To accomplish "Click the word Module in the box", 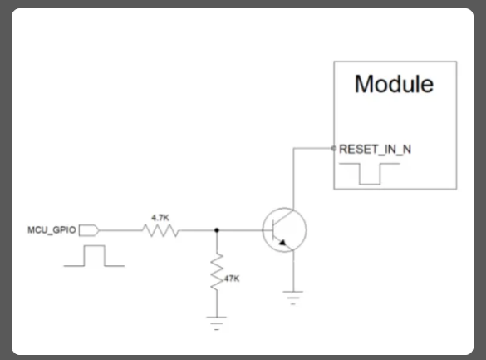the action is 394,84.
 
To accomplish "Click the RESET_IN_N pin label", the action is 375,150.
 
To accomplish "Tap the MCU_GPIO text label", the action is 52,230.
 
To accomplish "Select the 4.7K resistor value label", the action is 160,218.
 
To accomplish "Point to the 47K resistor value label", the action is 232,279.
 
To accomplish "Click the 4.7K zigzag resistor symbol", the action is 160,230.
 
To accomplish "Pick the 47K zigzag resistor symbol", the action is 217,272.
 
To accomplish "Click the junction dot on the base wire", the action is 217,230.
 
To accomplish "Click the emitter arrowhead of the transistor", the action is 282,243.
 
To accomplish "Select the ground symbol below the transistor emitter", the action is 293,298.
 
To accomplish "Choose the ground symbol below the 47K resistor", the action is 217,323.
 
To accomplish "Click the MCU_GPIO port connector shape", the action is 89,230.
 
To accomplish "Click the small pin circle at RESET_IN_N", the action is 334,149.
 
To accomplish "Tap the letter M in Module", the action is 363,84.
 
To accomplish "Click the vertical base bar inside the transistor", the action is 273,230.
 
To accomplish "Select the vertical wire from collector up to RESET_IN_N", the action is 293,179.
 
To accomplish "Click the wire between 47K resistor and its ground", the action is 217,303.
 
